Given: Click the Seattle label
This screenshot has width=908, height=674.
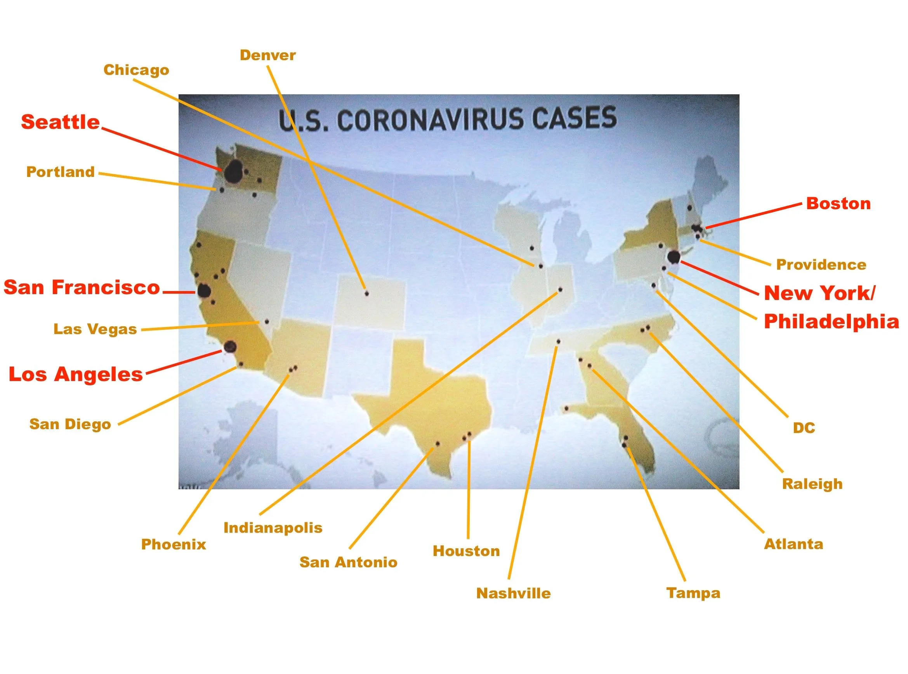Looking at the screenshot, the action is pyautogui.click(x=61, y=122).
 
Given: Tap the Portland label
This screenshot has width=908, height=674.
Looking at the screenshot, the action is pyautogui.click(x=61, y=172).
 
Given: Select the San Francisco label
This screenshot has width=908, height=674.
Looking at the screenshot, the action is pyautogui.click(x=82, y=287).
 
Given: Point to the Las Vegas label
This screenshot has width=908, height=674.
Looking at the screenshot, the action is pyautogui.click(x=95, y=329).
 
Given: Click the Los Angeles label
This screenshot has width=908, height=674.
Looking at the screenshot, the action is pyautogui.click(x=76, y=374).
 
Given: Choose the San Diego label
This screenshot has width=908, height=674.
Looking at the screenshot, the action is pyautogui.click(x=70, y=424).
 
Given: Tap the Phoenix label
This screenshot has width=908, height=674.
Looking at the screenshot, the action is pyautogui.click(x=174, y=544).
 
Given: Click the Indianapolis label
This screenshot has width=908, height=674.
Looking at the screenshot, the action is pyautogui.click(x=273, y=528).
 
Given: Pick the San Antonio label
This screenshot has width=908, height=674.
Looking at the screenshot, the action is pyautogui.click(x=349, y=562).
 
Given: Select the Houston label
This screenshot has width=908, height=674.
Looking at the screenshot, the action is pyautogui.click(x=467, y=551).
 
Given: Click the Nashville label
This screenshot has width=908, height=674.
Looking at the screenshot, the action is pyautogui.click(x=513, y=593).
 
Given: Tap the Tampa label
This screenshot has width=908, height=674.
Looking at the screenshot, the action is pyautogui.click(x=693, y=593).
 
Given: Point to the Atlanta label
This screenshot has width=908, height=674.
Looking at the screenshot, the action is pyautogui.click(x=794, y=544).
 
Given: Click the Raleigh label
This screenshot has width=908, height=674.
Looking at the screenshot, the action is pyautogui.click(x=813, y=484).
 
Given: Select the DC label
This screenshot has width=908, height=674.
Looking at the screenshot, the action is pyautogui.click(x=804, y=428).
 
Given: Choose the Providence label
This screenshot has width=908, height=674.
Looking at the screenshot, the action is pyautogui.click(x=821, y=264).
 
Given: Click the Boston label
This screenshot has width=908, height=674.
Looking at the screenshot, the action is pyautogui.click(x=839, y=204).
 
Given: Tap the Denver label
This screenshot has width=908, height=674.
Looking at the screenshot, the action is pyautogui.click(x=268, y=55).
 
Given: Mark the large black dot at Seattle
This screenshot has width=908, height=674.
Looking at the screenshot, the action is pyautogui.click(x=234, y=172).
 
